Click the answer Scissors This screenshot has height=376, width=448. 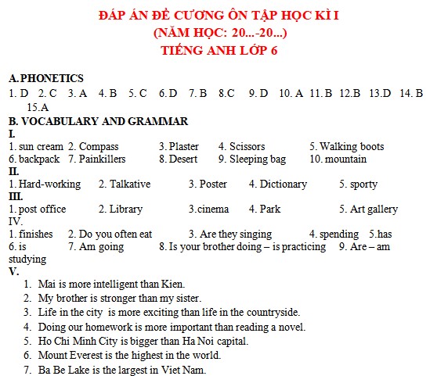coord(247,146)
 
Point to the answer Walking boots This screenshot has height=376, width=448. coord(352,146)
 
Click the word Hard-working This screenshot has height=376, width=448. coord(49,184)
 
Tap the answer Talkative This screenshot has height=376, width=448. coord(130,184)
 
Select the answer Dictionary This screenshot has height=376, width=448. coord(284,184)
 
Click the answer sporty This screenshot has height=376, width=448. coord(363,184)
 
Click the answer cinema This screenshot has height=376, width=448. coord(211,209)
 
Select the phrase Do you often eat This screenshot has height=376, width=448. coord(116,234)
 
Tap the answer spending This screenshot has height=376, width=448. coord(338,234)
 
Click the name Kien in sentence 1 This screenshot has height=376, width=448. coord(172,285)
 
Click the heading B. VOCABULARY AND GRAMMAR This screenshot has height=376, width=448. coord(98,121)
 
